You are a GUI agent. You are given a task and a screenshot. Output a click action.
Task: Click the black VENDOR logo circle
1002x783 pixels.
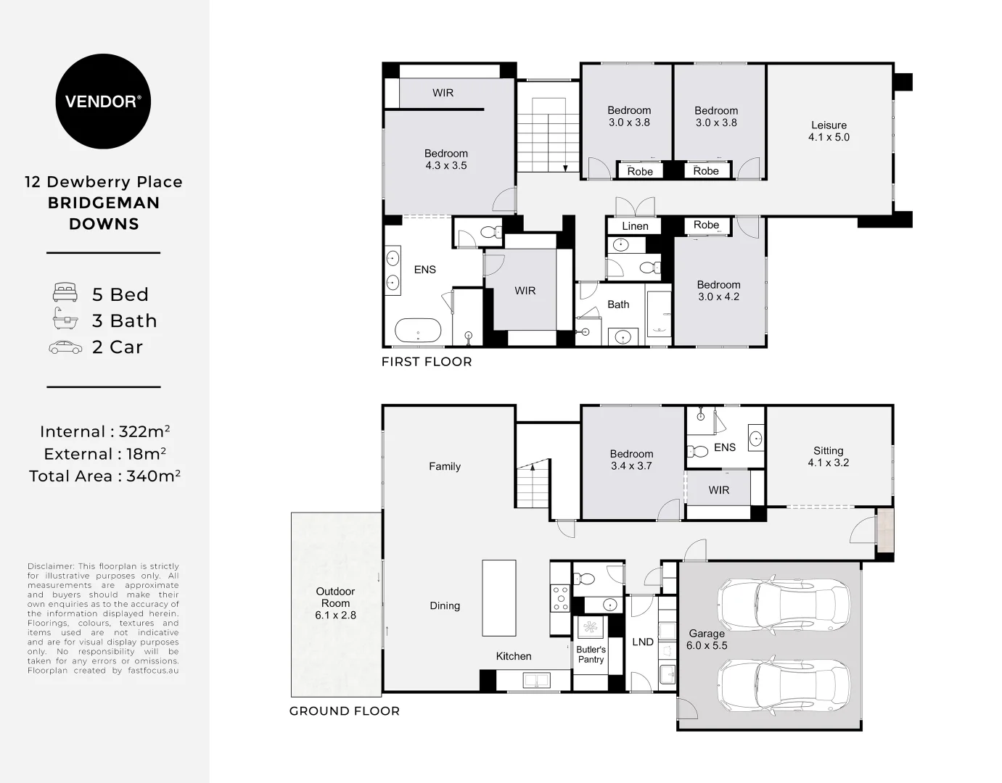(x=103, y=101)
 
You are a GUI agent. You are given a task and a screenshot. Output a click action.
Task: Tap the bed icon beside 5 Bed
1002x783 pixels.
(x=65, y=294)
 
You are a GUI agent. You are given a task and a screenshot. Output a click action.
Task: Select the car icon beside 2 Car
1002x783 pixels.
(x=65, y=347)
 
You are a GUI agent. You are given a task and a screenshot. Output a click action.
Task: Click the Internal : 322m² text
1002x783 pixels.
(x=104, y=431)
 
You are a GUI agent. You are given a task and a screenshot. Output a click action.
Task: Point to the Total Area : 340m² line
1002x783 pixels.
(x=104, y=476)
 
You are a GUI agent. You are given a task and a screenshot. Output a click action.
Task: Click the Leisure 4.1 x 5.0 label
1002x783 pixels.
(x=829, y=131)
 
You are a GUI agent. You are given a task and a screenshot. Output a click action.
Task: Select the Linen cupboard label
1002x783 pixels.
(x=635, y=226)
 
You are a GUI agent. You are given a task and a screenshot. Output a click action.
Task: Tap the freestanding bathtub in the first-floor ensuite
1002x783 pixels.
(x=418, y=331)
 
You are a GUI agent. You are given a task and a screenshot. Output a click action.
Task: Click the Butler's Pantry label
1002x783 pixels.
(x=591, y=654)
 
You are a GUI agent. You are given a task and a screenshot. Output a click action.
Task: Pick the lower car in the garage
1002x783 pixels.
(x=784, y=683)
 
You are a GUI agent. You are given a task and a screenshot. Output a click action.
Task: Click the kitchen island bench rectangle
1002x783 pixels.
(x=499, y=598)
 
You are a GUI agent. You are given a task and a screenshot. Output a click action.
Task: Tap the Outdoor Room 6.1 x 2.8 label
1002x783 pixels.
(x=335, y=603)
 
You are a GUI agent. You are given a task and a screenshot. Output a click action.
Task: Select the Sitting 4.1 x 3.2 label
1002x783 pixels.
(x=828, y=456)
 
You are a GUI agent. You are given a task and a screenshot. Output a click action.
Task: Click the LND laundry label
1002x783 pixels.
(x=643, y=642)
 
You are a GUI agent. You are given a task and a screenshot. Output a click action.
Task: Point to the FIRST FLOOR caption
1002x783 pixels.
(x=427, y=362)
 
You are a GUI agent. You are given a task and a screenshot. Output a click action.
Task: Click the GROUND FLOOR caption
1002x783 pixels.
(x=345, y=711)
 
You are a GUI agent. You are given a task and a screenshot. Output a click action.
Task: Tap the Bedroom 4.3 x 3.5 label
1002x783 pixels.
(x=445, y=159)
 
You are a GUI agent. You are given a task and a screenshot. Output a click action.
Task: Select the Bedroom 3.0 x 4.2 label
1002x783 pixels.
(x=718, y=291)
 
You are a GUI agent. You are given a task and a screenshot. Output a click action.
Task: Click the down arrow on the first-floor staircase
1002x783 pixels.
(x=565, y=167)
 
